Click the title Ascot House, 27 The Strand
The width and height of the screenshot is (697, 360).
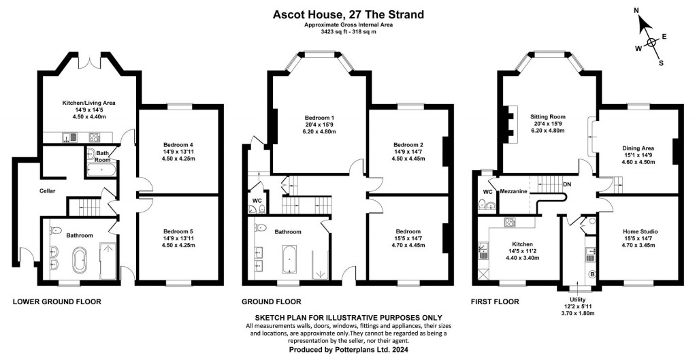pos(349,13)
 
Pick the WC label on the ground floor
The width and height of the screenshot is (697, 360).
pos(257,201)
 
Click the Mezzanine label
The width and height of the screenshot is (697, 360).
pos(513,192)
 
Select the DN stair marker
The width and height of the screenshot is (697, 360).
pos(567,184)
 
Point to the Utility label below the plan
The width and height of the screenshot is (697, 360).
pos(577,299)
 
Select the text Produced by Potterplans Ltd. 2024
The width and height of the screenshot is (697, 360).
pos(348,349)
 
